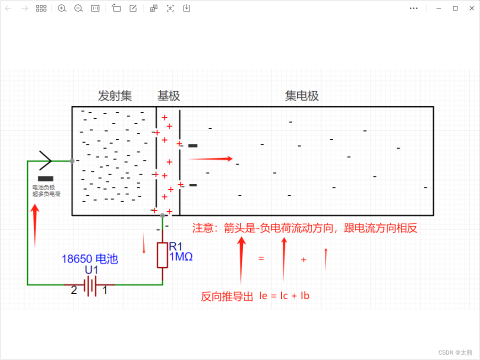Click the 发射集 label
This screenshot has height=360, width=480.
point(115,96)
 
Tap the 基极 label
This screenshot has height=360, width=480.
point(168,96)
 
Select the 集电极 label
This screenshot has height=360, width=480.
point(302,96)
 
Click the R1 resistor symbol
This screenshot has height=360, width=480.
point(162,255)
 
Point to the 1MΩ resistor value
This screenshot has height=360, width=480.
point(181,257)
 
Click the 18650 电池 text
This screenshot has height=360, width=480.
point(89,259)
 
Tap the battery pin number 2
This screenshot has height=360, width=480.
point(74,290)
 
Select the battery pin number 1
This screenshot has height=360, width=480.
point(105,290)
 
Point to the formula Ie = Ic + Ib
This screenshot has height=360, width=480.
point(284,295)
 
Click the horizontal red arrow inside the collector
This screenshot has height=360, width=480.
point(210,159)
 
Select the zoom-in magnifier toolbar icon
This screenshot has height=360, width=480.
point(62,8)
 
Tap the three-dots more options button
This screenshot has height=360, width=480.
point(413,8)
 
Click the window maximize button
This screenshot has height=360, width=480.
point(455,8)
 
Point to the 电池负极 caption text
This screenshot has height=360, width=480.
point(44,187)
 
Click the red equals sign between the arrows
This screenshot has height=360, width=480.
point(260,258)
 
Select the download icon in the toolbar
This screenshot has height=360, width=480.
point(186,8)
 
